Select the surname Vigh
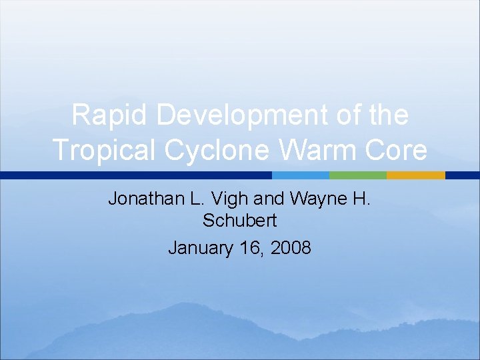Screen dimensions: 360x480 (x=229, y=199)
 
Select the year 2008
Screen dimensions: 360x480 (x=291, y=248)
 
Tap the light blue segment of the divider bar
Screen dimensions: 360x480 (x=300, y=175)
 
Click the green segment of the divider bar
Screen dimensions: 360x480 (x=357, y=175)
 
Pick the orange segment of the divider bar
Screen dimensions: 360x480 (x=415, y=175)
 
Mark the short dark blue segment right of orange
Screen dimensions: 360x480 (x=462, y=175)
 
